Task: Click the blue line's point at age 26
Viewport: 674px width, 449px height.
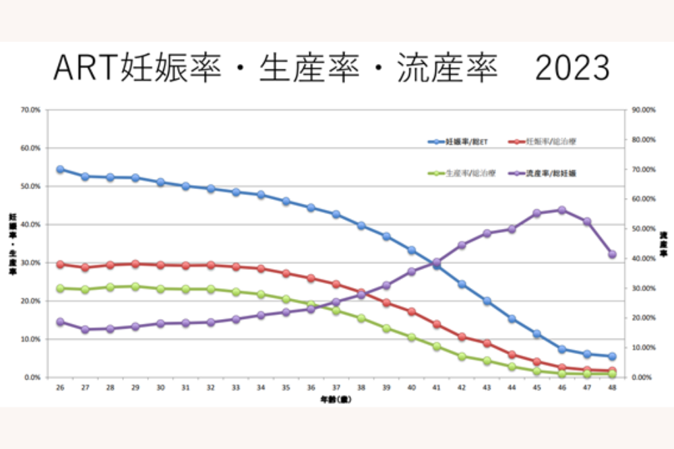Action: (x=60, y=169)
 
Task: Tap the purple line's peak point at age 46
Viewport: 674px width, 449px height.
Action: (x=561, y=210)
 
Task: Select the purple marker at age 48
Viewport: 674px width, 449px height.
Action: (x=612, y=254)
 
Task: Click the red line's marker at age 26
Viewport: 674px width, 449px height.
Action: (x=60, y=265)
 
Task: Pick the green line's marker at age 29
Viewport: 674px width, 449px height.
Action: (x=135, y=287)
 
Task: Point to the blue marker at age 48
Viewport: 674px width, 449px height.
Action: (x=612, y=356)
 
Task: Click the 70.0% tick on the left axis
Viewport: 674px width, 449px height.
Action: (x=31, y=110)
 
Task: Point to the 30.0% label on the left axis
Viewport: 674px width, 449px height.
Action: (x=31, y=263)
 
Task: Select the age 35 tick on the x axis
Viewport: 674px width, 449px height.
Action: (x=286, y=388)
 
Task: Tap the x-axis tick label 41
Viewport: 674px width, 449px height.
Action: (x=437, y=388)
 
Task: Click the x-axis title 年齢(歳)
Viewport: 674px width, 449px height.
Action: (x=335, y=399)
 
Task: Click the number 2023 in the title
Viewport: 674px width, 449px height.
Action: (x=573, y=68)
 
